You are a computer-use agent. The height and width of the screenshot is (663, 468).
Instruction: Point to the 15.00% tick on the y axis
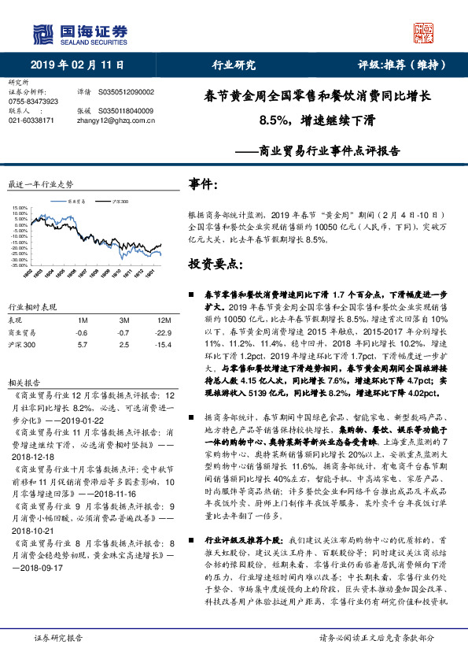[x=20, y=209]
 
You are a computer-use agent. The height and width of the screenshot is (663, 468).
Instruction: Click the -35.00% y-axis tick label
[x=20, y=266]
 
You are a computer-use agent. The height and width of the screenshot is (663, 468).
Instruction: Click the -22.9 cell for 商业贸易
[x=163, y=333]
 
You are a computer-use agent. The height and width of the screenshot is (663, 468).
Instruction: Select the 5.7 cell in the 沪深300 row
[x=83, y=345]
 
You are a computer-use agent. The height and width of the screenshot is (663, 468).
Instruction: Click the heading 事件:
[x=204, y=184]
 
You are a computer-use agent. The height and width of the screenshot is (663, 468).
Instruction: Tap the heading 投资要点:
[x=214, y=262]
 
